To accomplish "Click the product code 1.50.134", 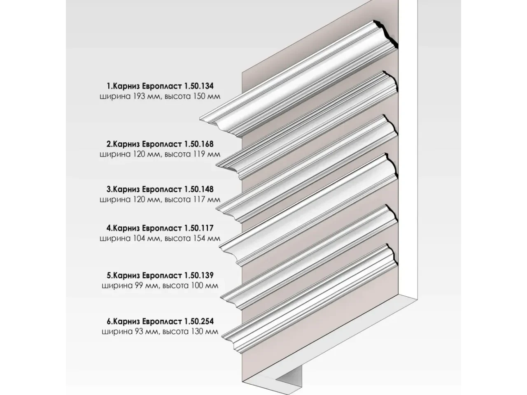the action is [198, 86].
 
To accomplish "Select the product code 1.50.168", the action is [198, 144].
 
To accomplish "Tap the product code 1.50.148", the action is [198, 189].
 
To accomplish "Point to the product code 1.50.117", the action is [198, 228].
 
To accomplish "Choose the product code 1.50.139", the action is [198, 276].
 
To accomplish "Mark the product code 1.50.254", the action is [198, 321].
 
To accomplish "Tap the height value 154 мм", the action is [207, 238].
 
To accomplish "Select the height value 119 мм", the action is [207, 154].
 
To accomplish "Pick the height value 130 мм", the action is [205, 332].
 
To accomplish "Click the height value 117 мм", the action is [207, 199].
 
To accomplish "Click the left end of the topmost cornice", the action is [200, 118].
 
